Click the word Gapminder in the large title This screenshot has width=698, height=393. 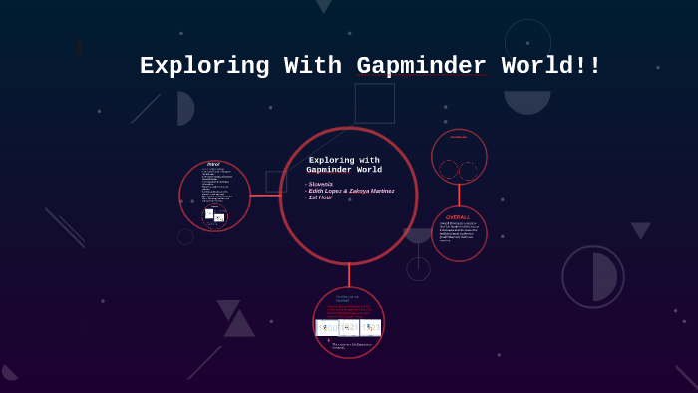point(421,66)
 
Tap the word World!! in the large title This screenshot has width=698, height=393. point(550,66)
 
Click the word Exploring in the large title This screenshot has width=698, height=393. point(204,66)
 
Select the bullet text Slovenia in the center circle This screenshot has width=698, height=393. point(321,184)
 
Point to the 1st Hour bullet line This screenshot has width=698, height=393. point(320,197)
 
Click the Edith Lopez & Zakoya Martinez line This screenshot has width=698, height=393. point(351,191)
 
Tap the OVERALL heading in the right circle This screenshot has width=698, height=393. point(458,217)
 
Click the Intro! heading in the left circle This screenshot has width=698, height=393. point(213,165)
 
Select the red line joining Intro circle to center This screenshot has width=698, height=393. point(265,196)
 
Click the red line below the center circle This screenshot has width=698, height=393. point(349,275)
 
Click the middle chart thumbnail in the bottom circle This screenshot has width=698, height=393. point(349,327)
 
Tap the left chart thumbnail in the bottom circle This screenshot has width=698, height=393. point(327,327)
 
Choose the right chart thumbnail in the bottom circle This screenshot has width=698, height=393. point(371,327)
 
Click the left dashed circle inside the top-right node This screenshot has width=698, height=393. point(449,170)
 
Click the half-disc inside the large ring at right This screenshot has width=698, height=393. point(604,277)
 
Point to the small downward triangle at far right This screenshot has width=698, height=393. point(640,230)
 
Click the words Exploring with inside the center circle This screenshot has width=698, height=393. point(344,160)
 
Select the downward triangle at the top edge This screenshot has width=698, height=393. point(323,6)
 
